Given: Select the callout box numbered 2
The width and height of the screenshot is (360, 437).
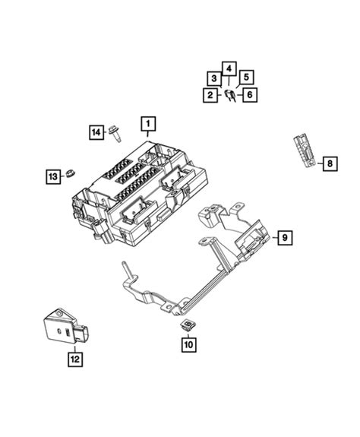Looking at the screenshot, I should pyautogui.click(x=208, y=95).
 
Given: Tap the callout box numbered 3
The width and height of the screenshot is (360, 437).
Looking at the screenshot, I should pyautogui.click(x=216, y=78).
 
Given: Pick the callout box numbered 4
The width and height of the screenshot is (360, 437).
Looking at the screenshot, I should pyautogui.click(x=229, y=68).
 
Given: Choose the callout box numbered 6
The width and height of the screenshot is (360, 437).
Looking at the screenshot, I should pyautogui.click(x=248, y=95).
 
